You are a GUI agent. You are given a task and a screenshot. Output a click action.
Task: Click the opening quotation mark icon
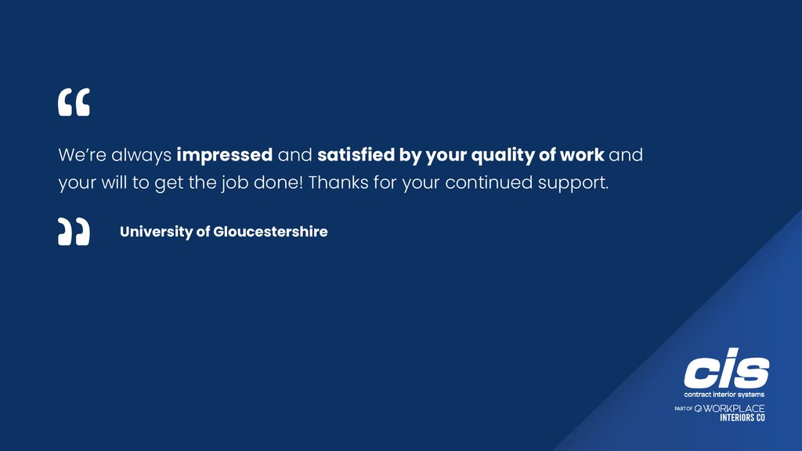(x=74, y=103)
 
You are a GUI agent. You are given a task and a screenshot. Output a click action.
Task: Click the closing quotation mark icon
(x=74, y=232)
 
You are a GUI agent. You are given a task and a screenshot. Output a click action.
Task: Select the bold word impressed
(x=225, y=155)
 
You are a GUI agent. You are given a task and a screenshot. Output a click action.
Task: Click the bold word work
(x=582, y=155)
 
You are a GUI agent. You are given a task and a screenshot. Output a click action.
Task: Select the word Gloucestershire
(x=270, y=232)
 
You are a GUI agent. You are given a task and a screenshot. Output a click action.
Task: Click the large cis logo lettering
(x=726, y=371)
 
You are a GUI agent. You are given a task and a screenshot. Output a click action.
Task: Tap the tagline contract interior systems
(x=724, y=395)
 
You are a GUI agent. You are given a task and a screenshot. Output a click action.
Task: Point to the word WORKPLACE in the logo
(x=734, y=409)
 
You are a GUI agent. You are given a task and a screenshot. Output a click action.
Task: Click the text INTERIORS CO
(x=742, y=418)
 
